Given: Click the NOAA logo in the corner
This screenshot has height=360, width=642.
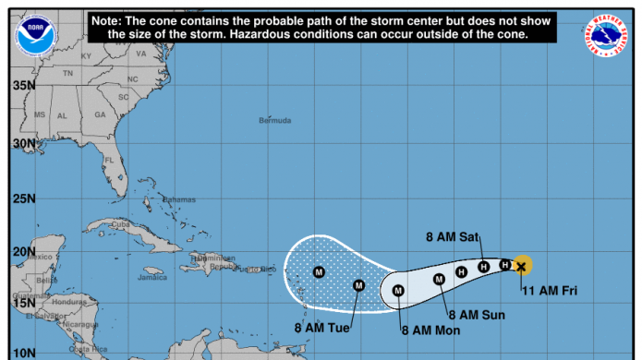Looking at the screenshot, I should (36, 34).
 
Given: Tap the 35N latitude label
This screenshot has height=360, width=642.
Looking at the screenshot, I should (23, 86).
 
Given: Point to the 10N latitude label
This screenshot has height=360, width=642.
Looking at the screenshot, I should (23, 354).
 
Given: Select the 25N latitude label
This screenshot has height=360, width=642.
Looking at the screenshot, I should (23, 198).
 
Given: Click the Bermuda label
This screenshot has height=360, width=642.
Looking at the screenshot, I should (274, 121).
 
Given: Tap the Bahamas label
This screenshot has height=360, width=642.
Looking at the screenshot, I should (178, 200).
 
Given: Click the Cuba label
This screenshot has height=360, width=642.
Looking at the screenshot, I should (120, 223).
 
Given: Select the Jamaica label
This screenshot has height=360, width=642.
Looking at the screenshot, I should (151, 277).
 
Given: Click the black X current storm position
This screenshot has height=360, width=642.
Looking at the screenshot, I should (522, 266).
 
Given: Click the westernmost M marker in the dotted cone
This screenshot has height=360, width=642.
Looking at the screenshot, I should (319, 271).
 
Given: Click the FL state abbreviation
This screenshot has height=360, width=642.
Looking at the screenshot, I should (107, 160).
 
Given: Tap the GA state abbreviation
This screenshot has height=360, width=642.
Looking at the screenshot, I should (99, 115).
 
